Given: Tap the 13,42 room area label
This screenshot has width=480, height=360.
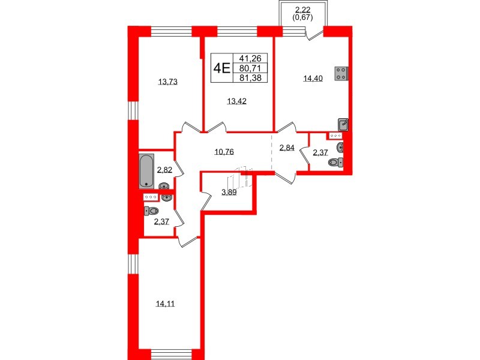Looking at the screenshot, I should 237,101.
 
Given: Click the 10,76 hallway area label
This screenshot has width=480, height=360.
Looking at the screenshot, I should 224,151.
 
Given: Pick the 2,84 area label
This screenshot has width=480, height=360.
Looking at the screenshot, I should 287,148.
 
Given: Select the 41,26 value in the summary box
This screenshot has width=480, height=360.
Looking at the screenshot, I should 250,59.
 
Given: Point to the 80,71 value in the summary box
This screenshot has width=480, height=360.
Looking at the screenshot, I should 250,68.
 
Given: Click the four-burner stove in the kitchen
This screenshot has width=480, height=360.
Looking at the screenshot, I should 341,73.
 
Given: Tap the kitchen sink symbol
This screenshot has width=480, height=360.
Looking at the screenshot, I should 343,124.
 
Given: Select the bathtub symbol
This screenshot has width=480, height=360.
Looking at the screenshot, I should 146,171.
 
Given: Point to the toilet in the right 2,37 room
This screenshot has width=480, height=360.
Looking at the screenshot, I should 341,161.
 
